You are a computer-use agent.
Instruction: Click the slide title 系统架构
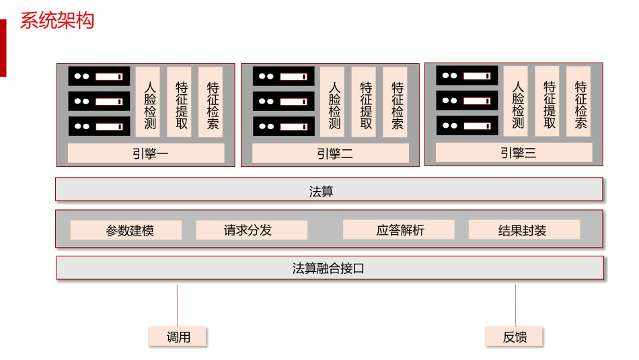coord(57,20)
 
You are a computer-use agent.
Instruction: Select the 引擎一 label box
coord(146,153)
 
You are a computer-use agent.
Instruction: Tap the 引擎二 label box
coord(330,153)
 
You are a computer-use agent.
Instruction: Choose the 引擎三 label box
coord(514,153)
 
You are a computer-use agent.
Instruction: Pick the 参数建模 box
coord(126,230)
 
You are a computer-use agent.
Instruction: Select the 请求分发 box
coord(252,230)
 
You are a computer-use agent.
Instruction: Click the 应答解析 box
coord(398,230)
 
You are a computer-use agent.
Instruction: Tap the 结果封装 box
coord(524,230)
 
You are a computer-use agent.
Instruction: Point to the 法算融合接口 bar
coord(329,268)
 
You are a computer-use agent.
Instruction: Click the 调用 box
coord(178,337)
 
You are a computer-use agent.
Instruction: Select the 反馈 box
coord(515,337)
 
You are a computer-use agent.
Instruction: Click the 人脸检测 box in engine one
coord(150,102)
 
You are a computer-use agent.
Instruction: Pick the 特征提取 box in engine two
coord(366,102)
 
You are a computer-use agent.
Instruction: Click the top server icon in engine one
coord(99,76)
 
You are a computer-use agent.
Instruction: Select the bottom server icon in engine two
coord(283,127)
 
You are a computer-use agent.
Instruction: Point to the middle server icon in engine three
coord(467,101)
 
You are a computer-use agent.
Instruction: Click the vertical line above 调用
coord(177,305)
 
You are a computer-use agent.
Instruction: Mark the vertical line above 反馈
coord(516,305)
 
